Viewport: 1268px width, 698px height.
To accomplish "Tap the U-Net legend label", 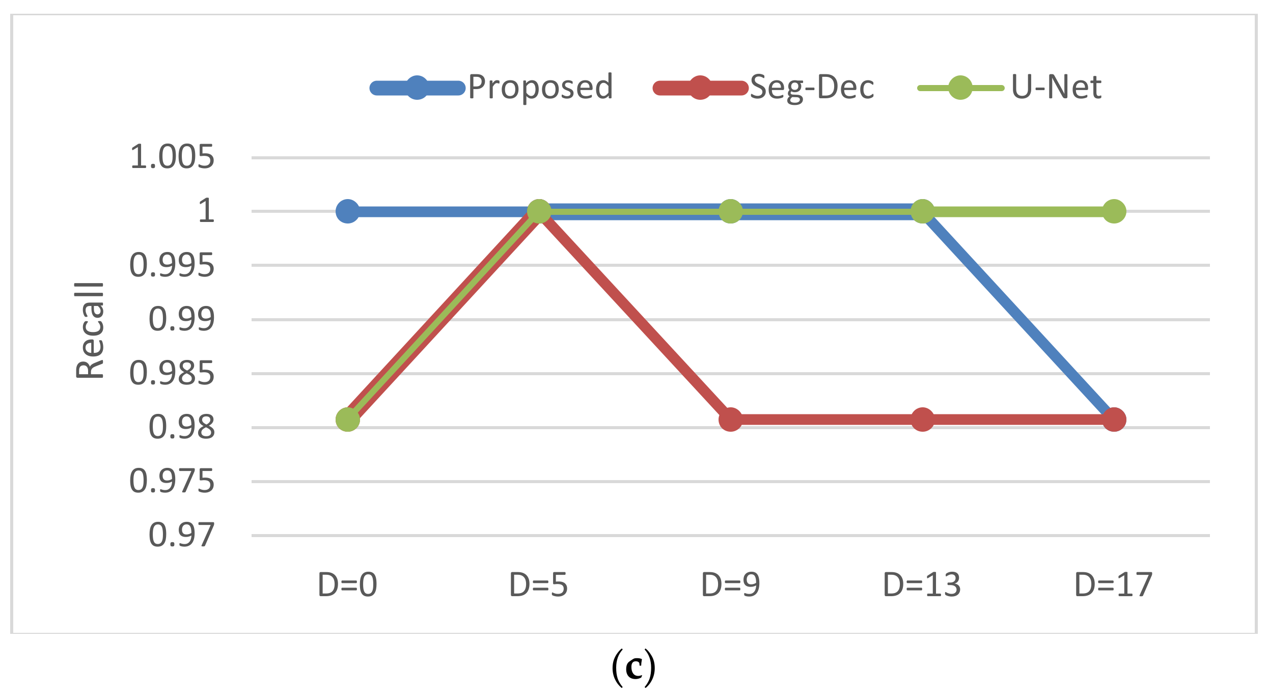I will point(1056,88).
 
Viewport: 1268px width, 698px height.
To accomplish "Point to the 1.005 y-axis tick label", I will point(172,157).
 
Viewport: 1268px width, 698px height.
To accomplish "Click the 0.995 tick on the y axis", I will point(172,265).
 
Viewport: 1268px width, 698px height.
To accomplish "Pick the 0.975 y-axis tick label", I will point(172,481).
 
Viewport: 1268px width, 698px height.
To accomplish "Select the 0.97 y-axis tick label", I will point(182,535).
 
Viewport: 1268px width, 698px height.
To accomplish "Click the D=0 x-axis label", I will point(347,585).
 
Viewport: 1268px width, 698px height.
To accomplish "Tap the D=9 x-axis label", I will point(731,585).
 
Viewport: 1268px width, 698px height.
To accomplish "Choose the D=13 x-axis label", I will point(922,585).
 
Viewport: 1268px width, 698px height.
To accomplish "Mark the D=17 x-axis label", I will point(1114,585).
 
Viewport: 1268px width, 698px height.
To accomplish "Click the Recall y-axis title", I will point(90,330).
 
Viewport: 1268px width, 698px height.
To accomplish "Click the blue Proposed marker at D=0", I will point(347,211).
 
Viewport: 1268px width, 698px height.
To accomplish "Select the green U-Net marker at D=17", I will point(1114,211).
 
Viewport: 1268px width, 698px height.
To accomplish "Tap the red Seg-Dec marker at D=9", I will point(731,420).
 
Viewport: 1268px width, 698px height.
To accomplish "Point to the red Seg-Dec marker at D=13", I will point(922,420).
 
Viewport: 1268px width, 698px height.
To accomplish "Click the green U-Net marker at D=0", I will point(347,420).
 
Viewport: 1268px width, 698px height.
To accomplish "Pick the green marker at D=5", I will point(539,211).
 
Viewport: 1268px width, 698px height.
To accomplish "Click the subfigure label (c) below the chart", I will point(633,667).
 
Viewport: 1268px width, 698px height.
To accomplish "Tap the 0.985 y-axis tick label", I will point(172,373).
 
